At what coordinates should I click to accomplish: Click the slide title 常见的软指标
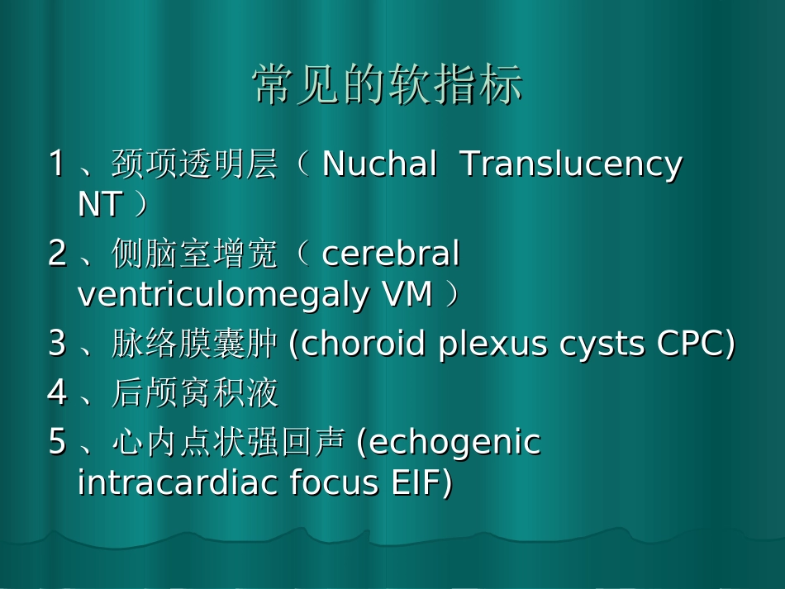(x=388, y=85)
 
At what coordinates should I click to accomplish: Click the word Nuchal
(x=378, y=164)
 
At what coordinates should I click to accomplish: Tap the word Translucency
(x=571, y=164)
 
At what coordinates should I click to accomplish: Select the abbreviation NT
(x=100, y=205)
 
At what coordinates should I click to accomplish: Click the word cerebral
(x=390, y=254)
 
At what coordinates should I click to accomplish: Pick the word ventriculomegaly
(x=222, y=294)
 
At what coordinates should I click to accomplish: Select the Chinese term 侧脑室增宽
(x=194, y=254)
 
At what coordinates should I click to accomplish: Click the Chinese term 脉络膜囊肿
(x=194, y=344)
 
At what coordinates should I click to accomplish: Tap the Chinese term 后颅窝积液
(x=194, y=393)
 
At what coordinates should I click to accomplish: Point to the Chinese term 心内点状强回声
(x=227, y=443)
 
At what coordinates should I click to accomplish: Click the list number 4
(x=57, y=393)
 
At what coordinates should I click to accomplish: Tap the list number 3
(x=57, y=344)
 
